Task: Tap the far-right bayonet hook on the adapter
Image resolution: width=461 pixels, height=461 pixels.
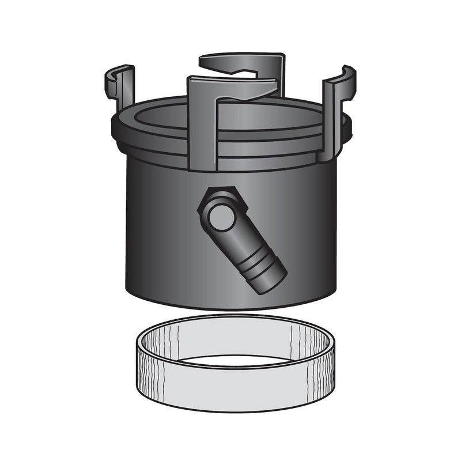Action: (x=337, y=109)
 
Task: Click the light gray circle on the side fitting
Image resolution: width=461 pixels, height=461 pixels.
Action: (x=221, y=217)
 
